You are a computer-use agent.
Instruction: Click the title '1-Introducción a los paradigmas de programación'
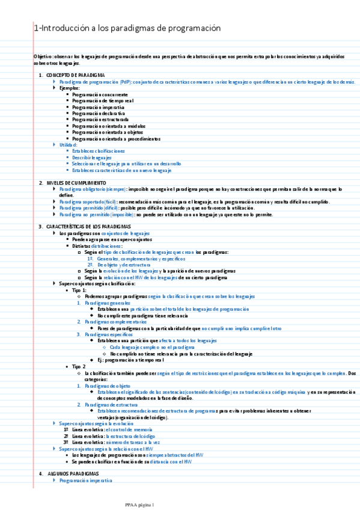(x=127, y=28)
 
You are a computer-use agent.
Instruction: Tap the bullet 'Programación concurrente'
(x=100, y=94)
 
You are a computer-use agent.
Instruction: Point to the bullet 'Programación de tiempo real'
(x=102, y=100)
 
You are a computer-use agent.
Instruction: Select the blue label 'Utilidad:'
(x=69, y=145)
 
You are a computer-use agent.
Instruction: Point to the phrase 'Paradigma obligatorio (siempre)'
(x=93, y=189)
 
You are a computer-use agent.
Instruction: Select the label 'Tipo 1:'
(x=80, y=290)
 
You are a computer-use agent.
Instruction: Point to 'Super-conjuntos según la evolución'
(x=96, y=423)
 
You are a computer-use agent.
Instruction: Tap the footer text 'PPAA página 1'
(x=140, y=504)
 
